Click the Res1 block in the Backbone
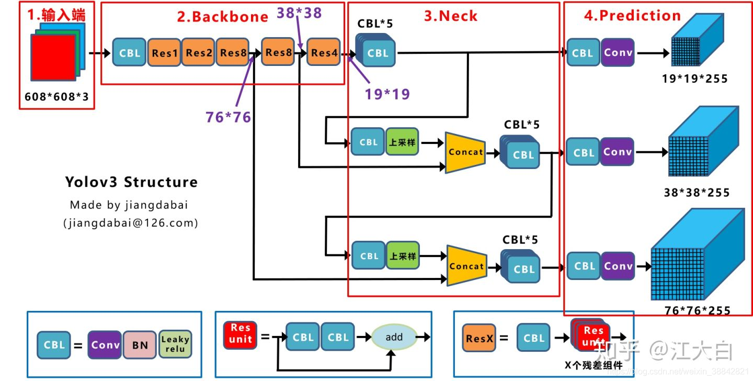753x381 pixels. click(x=165, y=52)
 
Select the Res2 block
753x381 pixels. click(x=199, y=52)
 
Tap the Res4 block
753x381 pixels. click(x=324, y=52)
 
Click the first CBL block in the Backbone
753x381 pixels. click(x=130, y=52)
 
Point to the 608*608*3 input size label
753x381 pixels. click(x=57, y=97)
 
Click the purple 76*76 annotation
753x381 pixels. click(x=229, y=117)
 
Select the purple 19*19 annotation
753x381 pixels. click(x=387, y=94)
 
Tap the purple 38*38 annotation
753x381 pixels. click(x=299, y=13)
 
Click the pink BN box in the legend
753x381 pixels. click(x=140, y=345)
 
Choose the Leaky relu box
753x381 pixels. click(x=175, y=344)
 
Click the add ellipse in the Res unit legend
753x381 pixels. click(x=394, y=337)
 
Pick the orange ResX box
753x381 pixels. click(x=480, y=338)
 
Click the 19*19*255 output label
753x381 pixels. click(x=694, y=79)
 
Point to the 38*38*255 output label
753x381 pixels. click(x=697, y=192)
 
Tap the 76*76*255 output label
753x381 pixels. click(x=697, y=310)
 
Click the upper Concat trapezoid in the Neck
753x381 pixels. click(x=464, y=152)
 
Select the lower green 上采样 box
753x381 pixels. click(x=403, y=256)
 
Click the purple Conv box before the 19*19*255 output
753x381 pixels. click(x=618, y=52)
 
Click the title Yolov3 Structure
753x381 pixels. click(x=131, y=182)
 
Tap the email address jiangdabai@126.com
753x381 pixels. click(x=131, y=223)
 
